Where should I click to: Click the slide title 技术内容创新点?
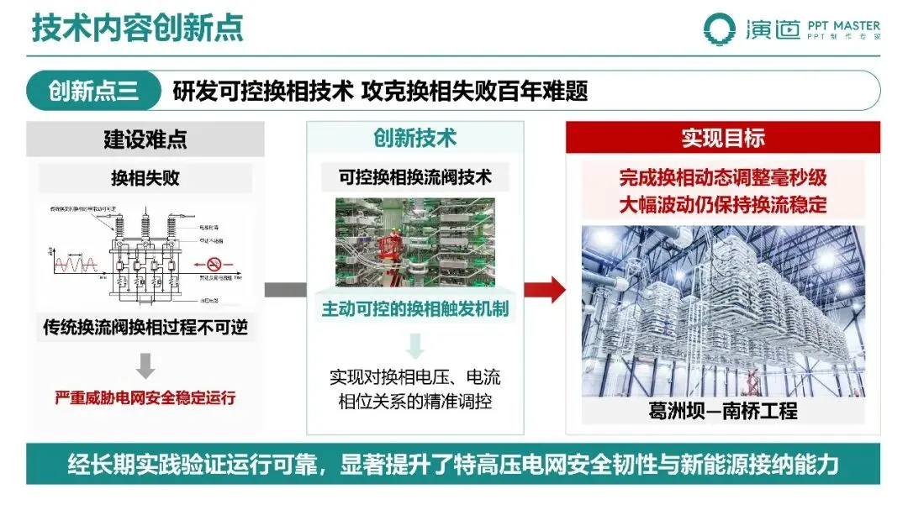click(x=138, y=27)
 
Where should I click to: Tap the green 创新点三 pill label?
click(x=92, y=90)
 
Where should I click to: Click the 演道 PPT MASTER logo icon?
click(x=721, y=29)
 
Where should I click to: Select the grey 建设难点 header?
click(x=145, y=139)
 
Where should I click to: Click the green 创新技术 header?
click(x=414, y=138)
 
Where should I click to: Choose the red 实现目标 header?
click(x=722, y=138)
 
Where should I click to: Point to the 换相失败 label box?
click(x=145, y=178)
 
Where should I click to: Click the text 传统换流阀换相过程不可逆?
click(x=145, y=327)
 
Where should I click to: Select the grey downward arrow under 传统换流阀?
click(x=145, y=365)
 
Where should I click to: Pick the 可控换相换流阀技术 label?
click(x=414, y=178)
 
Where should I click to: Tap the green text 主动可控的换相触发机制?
click(x=414, y=309)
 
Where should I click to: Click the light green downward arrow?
click(x=414, y=344)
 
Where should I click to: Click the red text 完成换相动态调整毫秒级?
click(x=722, y=178)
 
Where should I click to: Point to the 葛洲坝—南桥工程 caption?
click(x=722, y=411)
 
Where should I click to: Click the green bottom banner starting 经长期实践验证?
click(x=453, y=465)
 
